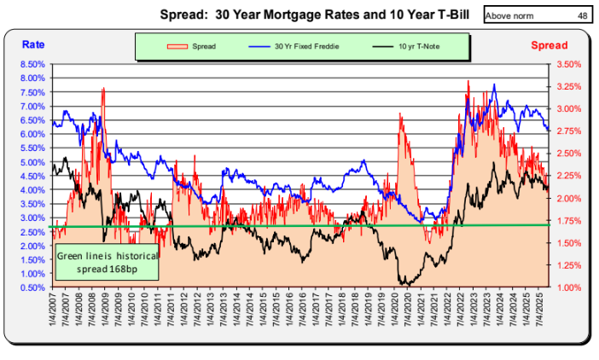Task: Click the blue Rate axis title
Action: click(34, 44)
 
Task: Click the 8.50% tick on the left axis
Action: click(33, 64)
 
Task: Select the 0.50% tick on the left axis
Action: click(33, 287)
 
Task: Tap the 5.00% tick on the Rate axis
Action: click(33, 162)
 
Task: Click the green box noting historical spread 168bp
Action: click(96, 263)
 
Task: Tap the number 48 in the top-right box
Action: click(581, 15)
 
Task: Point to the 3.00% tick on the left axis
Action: click(33, 218)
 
